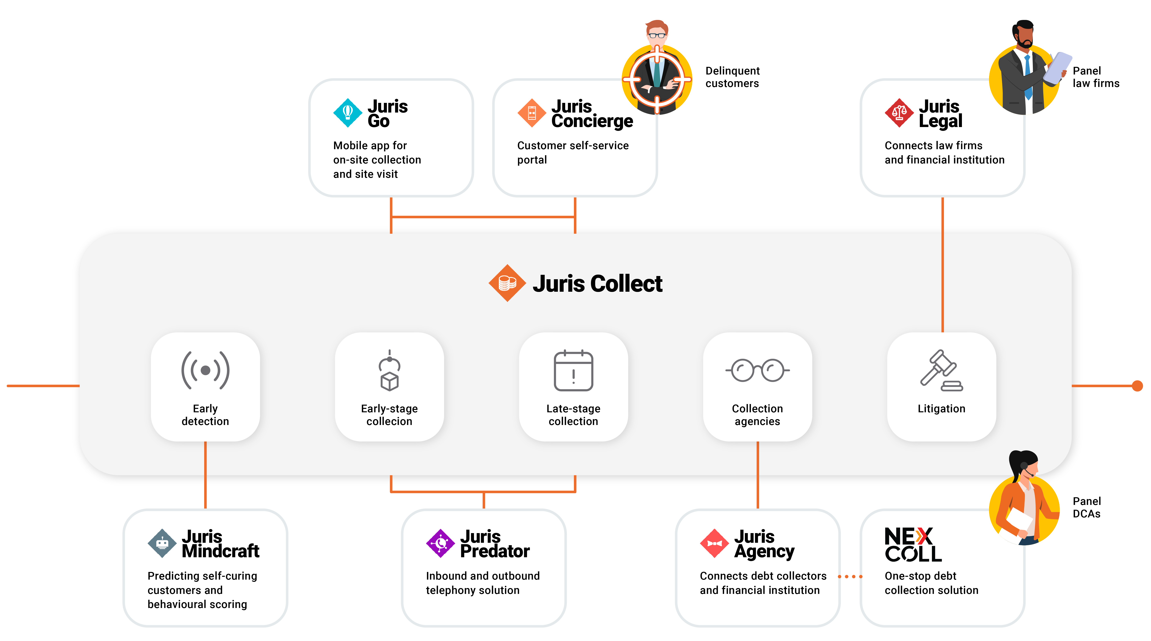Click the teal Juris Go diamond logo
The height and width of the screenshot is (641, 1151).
[x=348, y=113]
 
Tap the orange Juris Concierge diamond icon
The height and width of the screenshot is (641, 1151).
[x=532, y=113]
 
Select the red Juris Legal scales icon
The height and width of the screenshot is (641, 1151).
[x=899, y=113]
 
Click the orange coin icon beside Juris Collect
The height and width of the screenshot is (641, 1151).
[x=507, y=283]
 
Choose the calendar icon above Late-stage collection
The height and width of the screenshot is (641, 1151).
[x=573, y=370]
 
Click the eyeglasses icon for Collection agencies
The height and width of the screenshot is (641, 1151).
[x=757, y=370]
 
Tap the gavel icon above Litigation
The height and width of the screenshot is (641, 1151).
[x=941, y=370]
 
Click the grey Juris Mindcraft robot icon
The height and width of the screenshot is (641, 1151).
[x=162, y=543]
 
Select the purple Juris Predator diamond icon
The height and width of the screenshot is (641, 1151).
[x=440, y=543]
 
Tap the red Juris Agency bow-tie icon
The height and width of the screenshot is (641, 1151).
[x=714, y=543]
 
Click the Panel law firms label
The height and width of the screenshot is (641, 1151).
[x=1096, y=77]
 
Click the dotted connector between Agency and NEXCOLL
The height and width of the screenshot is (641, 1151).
[x=850, y=576]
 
